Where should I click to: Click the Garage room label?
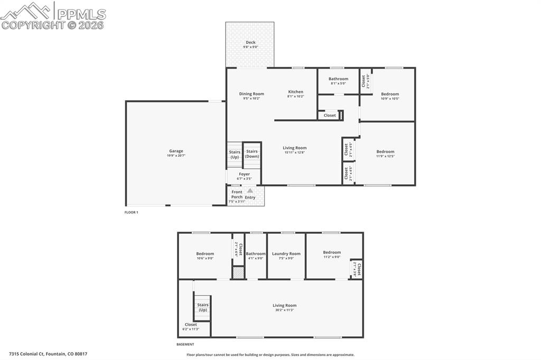[x=176, y=151]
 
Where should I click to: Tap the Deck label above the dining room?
[x=250, y=43]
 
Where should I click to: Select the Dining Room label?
[x=251, y=94]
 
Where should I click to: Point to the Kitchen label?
[x=295, y=92]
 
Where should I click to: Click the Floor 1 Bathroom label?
[x=338, y=79]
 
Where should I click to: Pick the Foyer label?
[x=244, y=174]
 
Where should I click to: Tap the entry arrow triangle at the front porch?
[x=250, y=191]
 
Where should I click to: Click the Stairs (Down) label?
[x=252, y=154]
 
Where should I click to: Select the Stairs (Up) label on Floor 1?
[x=235, y=154]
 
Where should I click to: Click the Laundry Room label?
[x=286, y=254]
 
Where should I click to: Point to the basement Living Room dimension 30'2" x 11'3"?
[x=284, y=310]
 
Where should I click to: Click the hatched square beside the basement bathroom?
[x=239, y=273]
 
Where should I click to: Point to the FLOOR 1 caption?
[x=131, y=212]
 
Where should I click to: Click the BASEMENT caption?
[x=185, y=344]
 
